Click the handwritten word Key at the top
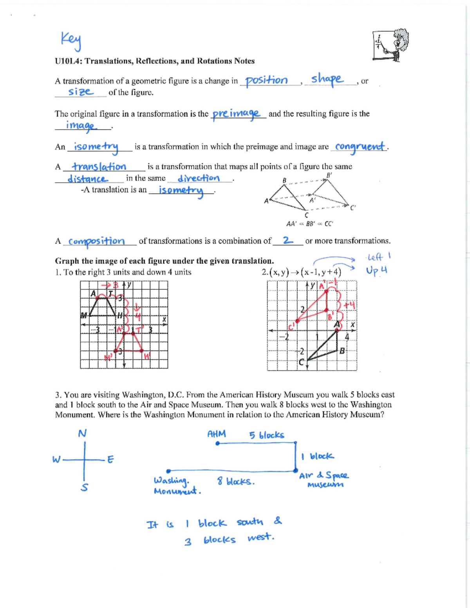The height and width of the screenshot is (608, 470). click(x=71, y=41)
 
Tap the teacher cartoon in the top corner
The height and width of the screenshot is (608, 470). click(x=391, y=45)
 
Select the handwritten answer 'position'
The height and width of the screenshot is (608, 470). click(x=266, y=81)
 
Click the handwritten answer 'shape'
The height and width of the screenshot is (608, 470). click(x=327, y=79)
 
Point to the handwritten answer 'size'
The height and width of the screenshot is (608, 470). click(x=80, y=92)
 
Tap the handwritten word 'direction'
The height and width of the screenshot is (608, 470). click(x=199, y=179)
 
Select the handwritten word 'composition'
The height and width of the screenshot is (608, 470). click(x=96, y=241)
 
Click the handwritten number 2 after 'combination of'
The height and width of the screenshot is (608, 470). click(x=287, y=240)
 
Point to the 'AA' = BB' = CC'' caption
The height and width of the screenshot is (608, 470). click(x=309, y=224)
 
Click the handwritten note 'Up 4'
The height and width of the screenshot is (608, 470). click(x=376, y=271)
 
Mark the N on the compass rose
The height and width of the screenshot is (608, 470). click(x=82, y=433)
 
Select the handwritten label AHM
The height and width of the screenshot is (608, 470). click(x=216, y=434)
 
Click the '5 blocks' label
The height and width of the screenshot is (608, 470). click(x=267, y=435)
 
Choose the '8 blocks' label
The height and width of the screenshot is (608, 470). click(x=236, y=481)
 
